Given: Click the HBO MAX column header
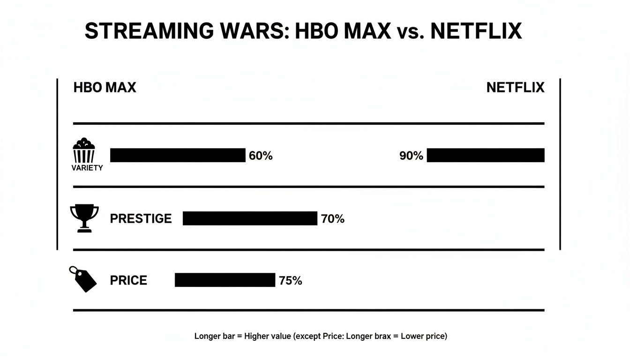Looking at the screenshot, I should point(105,88).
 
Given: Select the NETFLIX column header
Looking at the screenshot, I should point(515,88).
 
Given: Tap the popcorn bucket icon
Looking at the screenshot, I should point(84,150).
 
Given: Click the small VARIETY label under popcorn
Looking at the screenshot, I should point(87,168).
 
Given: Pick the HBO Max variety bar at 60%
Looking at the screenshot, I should point(178,155).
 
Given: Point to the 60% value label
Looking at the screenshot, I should point(261,156).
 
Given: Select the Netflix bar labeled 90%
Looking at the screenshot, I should point(486,155).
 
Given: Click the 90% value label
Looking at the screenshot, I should point(411,156).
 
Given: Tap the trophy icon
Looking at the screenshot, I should point(84,217).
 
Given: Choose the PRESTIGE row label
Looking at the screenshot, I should point(141,218).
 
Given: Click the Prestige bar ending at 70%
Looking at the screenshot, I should point(250,218).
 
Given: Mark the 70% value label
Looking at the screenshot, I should point(333,218).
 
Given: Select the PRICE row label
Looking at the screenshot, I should point(128,280).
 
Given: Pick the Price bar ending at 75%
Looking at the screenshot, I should point(225,280).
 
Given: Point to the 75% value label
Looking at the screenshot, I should point(291,280).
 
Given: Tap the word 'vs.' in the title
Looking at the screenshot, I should point(411,31).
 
